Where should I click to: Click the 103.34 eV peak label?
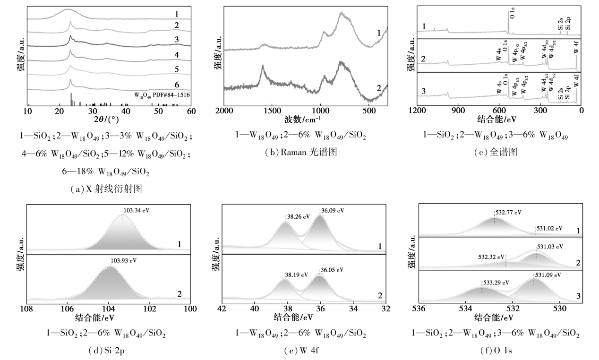coord(137,211)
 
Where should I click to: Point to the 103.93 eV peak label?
coord(124,260)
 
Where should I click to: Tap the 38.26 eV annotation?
coord(299,217)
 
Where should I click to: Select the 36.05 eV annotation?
coord(332,270)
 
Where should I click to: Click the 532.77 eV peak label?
coord(508,213)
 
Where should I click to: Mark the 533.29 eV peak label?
coord(496,283)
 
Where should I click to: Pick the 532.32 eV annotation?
coord(491,257)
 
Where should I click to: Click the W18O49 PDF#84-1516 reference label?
coord(162,95)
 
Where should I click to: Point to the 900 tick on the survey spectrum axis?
coord(458,110)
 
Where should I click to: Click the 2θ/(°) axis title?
coord(106,119)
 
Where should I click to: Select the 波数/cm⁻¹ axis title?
coord(302,119)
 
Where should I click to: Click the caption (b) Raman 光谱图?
coord(301,152)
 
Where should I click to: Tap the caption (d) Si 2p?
coord(106,351)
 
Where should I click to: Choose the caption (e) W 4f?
coord(301,351)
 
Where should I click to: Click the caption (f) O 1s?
coord(496,351)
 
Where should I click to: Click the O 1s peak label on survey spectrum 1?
coord(512,13)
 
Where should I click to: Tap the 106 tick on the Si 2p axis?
coord(68,309)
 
